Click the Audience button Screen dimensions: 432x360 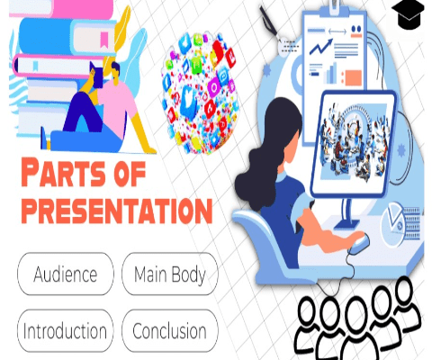66,274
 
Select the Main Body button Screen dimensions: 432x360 170,274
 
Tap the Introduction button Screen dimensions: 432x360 66,330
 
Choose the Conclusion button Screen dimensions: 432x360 170,330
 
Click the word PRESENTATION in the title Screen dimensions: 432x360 117,210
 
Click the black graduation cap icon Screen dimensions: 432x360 408,13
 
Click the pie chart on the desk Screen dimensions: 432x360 393,224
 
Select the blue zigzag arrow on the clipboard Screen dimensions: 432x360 321,47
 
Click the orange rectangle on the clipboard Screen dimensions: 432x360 354,77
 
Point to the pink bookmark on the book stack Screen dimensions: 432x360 104,40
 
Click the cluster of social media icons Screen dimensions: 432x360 201,94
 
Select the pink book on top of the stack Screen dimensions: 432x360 61,8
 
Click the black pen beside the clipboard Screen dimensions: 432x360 270,22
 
